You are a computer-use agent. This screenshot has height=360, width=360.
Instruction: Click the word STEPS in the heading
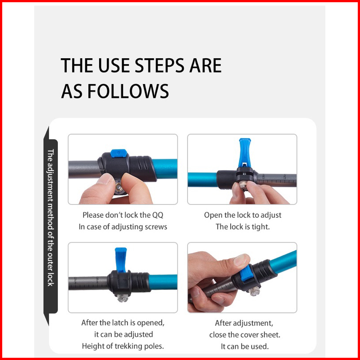(x=160, y=65)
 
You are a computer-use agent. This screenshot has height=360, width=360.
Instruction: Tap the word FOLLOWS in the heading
(x=128, y=91)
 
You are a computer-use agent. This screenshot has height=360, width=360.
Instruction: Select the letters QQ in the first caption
(x=157, y=215)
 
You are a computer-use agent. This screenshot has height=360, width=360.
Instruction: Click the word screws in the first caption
(x=155, y=227)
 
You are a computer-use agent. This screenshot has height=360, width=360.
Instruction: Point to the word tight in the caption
(x=260, y=227)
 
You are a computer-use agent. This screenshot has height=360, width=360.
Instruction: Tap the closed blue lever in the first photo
(x=119, y=153)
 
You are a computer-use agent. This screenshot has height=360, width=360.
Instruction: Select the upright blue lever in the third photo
(x=121, y=260)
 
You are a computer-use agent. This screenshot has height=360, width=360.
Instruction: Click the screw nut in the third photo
(x=122, y=297)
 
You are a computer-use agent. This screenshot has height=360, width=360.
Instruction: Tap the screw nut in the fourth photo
(x=255, y=291)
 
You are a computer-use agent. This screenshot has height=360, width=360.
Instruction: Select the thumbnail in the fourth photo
(x=241, y=260)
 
